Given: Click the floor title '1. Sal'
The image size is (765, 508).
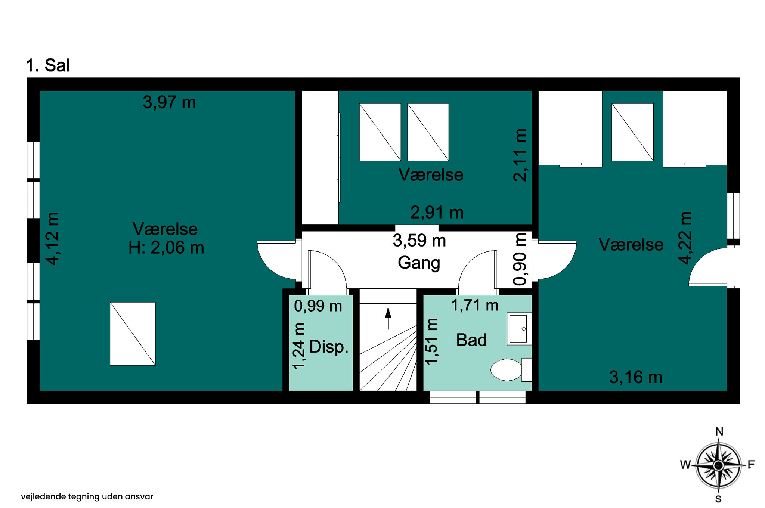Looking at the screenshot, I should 47,65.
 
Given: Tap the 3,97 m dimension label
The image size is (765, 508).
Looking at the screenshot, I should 169,102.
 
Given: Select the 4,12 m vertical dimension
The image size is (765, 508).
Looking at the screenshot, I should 53,238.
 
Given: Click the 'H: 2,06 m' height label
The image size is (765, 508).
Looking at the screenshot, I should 166,248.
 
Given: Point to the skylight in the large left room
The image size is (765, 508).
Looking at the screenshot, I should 133,334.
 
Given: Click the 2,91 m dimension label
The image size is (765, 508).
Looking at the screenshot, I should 437,213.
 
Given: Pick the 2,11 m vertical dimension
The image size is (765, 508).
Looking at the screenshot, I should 520,155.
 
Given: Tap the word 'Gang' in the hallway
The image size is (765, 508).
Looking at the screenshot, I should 419,263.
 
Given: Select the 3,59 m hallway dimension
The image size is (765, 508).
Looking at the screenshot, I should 419,241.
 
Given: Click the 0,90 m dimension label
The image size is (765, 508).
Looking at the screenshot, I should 520,259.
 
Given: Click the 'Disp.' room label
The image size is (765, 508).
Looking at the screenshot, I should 329,347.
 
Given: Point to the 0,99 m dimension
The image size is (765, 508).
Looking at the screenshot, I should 318,306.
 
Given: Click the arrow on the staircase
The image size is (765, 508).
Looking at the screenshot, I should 388,317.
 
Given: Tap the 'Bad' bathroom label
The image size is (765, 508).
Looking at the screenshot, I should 471,340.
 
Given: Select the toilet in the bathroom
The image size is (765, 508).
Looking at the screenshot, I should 507,370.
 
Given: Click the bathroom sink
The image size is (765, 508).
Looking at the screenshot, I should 518,329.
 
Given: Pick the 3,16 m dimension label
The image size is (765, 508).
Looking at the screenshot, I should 635,377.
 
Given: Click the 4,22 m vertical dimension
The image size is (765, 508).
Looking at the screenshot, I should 685,238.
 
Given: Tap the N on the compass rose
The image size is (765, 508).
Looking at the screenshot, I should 719,432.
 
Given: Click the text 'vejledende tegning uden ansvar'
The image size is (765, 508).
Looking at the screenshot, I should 87,496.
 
